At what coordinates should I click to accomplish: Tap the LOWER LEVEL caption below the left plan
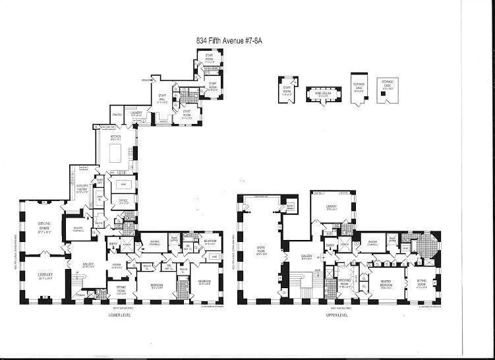[122, 315]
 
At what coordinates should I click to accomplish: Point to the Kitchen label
[117, 138]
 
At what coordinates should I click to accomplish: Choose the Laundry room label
[137, 113]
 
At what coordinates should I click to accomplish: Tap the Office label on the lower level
[123, 200]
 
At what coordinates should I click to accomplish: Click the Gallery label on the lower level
[88, 265]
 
